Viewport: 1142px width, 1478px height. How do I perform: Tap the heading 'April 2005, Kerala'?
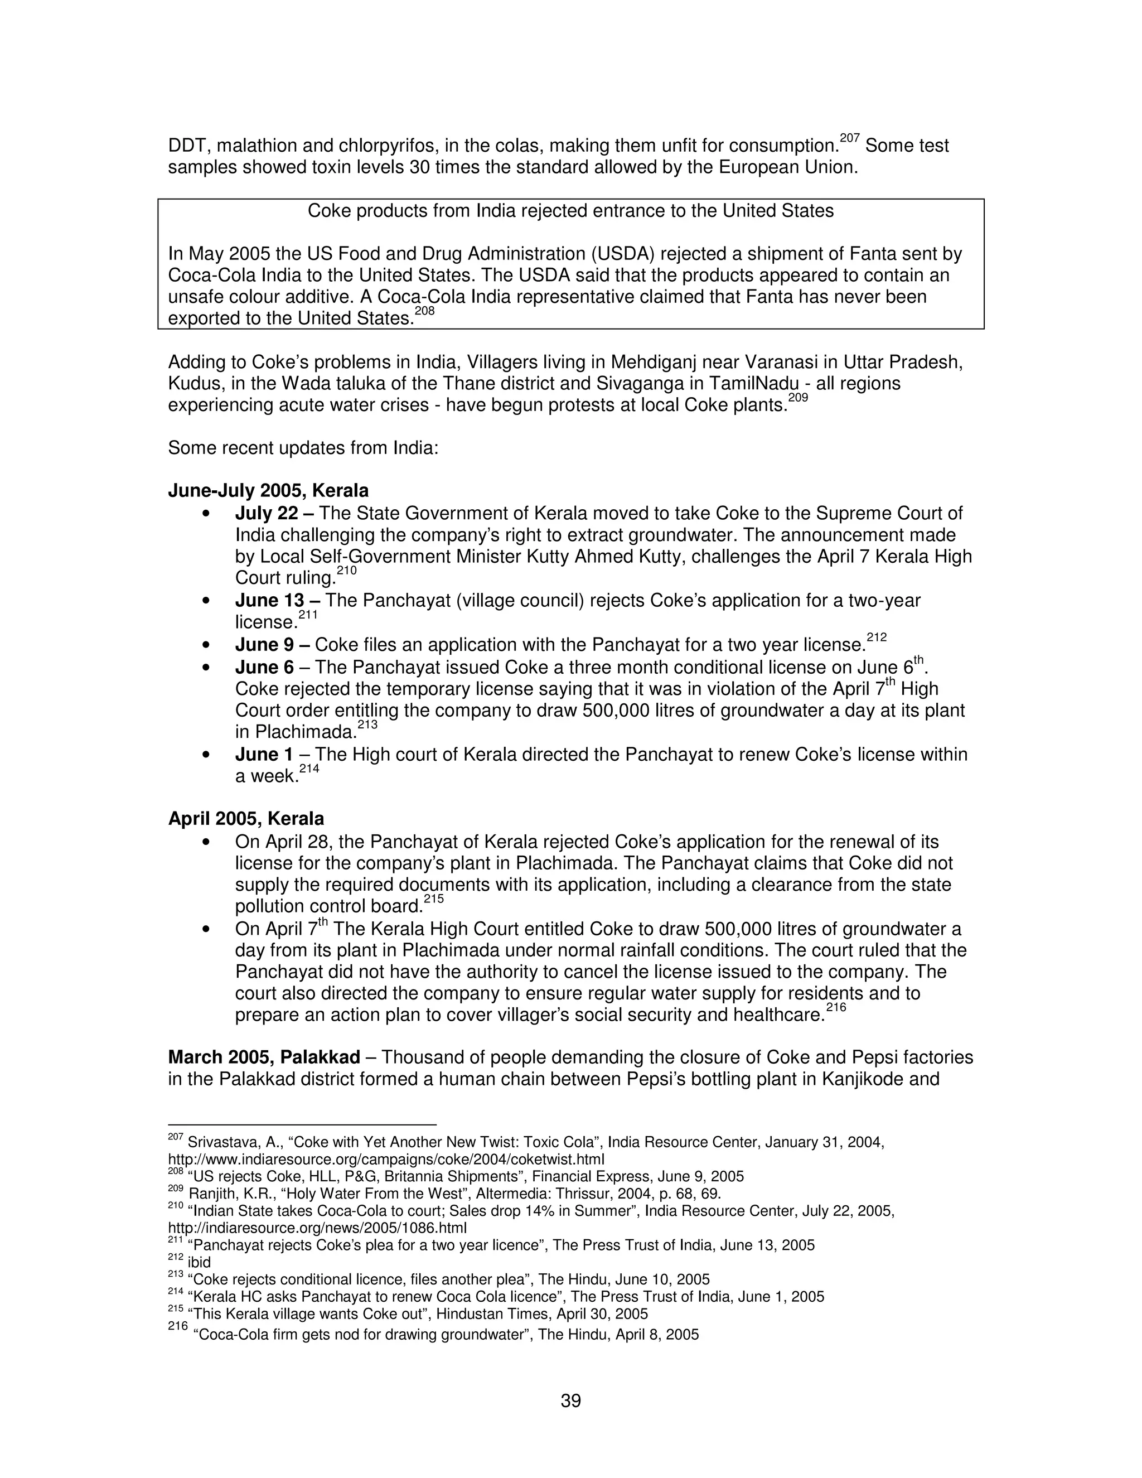(245, 819)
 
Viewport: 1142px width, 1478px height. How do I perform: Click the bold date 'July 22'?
(266, 514)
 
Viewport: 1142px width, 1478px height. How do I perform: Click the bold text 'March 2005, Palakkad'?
(264, 1057)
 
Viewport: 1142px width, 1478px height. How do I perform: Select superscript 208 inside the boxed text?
(424, 311)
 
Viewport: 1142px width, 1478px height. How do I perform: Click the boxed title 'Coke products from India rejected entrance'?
(570, 211)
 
